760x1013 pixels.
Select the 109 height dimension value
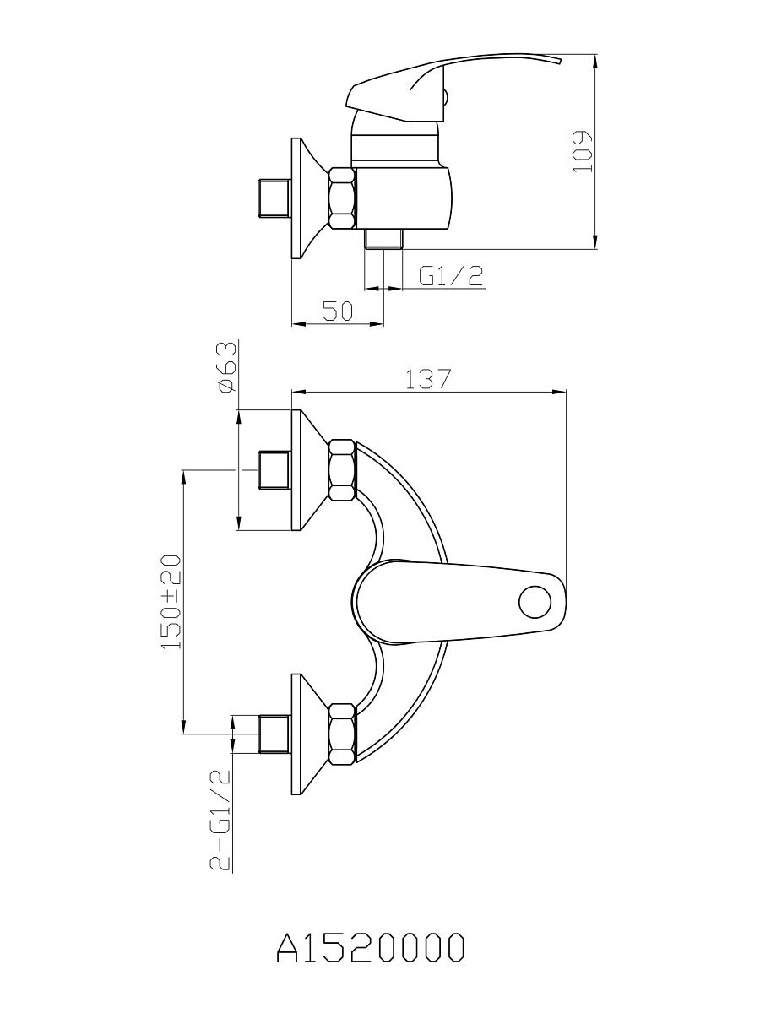point(582,151)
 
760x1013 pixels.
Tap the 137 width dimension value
point(426,380)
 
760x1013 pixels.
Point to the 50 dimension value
point(337,311)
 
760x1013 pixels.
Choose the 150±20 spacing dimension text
point(170,602)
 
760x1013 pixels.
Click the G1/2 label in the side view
point(451,276)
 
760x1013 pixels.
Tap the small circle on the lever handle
point(535,602)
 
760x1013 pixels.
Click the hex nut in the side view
point(342,198)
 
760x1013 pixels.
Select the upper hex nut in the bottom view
point(342,469)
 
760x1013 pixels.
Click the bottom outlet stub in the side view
point(383,239)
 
